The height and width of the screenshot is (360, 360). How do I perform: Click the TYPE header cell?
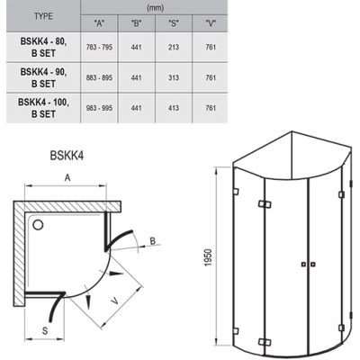(43, 16)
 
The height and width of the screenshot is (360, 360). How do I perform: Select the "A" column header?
(99, 23)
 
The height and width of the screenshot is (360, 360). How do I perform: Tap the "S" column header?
(174, 23)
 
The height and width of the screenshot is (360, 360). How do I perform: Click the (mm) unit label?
(155, 8)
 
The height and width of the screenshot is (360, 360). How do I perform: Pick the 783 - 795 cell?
(99, 47)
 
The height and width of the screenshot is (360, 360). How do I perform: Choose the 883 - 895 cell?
(99, 77)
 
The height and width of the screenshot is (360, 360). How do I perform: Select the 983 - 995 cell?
(99, 108)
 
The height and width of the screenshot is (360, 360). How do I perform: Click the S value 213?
(174, 47)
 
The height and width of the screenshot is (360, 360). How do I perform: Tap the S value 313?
(174, 77)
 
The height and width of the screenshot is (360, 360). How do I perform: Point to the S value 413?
(174, 108)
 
